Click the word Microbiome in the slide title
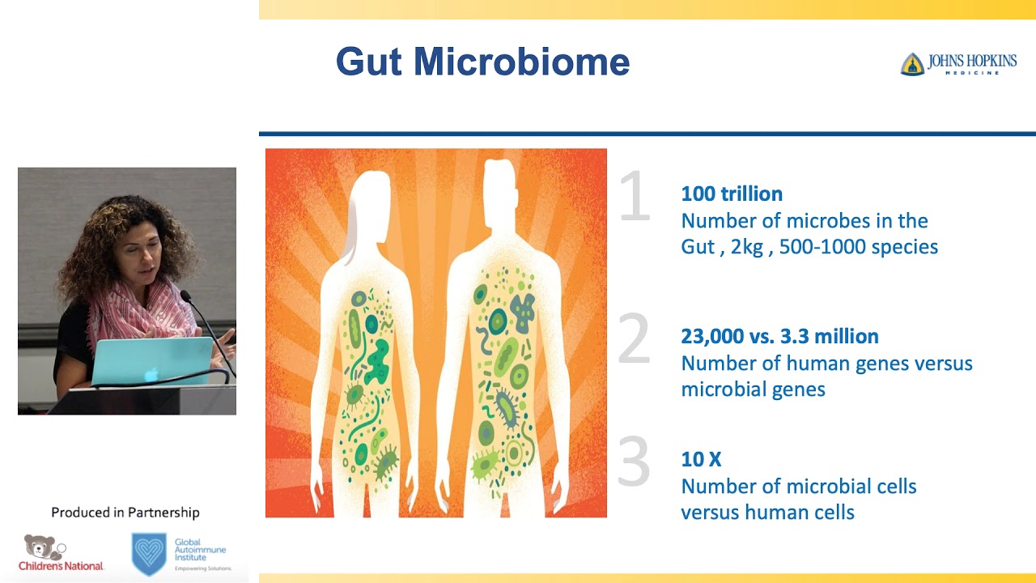tap(521, 62)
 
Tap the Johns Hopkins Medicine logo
tap(958, 64)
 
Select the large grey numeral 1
tap(635, 197)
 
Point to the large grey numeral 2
tap(634, 338)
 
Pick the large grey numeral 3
tap(634, 462)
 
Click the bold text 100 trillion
tap(732, 194)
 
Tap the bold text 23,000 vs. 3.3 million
tap(779, 336)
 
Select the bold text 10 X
tap(701, 459)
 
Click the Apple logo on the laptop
tap(151, 374)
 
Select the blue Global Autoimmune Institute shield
tap(149, 553)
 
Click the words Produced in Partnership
tap(125, 513)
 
